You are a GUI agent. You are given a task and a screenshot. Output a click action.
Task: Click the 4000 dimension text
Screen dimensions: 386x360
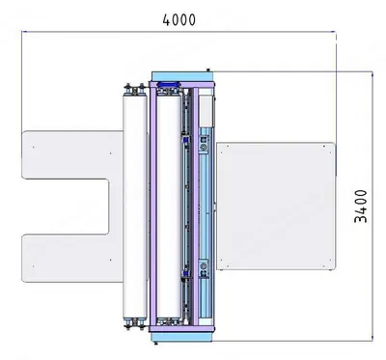[x=179, y=19]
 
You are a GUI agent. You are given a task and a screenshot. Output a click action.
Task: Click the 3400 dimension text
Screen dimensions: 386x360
[x=361, y=207]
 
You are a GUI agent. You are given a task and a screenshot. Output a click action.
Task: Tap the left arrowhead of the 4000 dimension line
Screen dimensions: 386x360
[x=24, y=32]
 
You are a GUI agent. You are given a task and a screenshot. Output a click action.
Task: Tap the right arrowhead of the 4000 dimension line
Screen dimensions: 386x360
[x=333, y=32]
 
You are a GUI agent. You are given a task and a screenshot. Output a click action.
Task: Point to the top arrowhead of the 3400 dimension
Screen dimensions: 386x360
[x=372, y=74]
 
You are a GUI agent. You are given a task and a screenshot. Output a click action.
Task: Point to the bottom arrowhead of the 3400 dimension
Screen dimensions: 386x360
[x=372, y=338]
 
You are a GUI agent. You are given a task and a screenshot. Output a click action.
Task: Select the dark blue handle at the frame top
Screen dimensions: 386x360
[x=169, y=84]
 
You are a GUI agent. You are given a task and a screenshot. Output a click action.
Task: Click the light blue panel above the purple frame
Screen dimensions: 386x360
[x=182, y=76]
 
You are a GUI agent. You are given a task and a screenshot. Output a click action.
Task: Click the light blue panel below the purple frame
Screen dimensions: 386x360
[x=182, y=337]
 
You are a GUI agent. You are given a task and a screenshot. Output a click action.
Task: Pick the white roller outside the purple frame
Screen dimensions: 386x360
[x=135, y=206]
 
